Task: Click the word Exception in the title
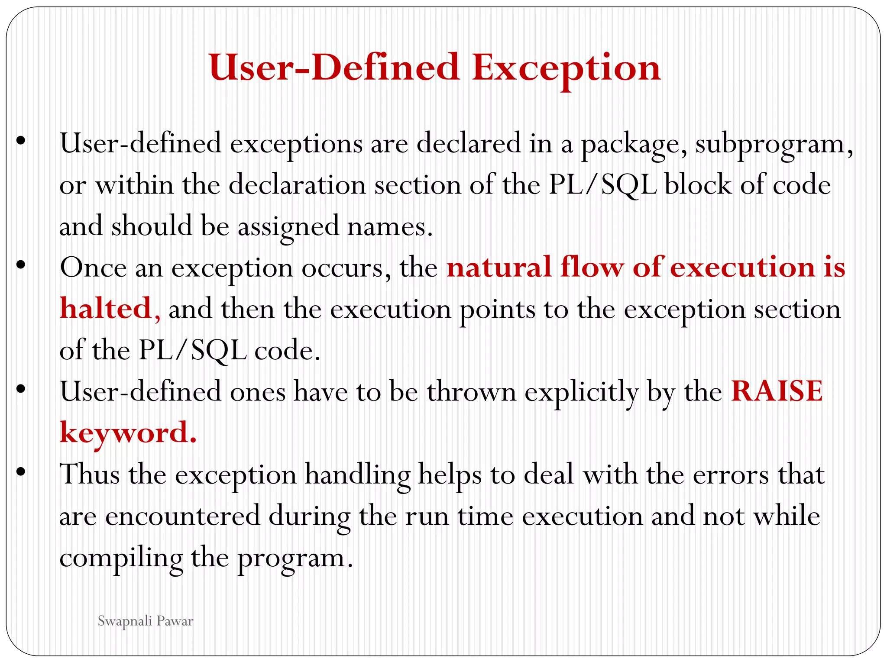(566, 68)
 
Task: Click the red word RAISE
(777, 391)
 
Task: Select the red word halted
(106, 309)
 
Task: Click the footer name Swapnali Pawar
(145, 621)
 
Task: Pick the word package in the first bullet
(633, 144)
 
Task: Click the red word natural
(499, 267)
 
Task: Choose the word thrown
(472, 392)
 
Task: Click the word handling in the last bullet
(357, 475)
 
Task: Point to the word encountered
(182, 516)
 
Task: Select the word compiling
(121, 558)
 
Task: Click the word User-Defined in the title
(334, 68)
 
